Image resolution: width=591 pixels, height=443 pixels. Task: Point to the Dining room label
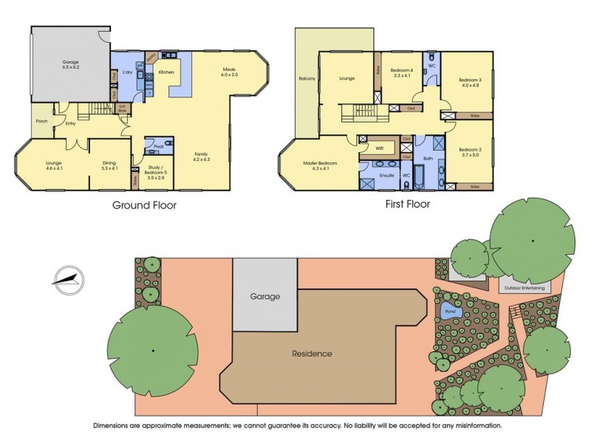coord(109,165)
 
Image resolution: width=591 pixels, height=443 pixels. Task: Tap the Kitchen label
coord(166,72)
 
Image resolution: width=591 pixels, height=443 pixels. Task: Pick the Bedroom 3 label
coord(470,82)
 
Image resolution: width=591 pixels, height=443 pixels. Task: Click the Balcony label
coord(307,78)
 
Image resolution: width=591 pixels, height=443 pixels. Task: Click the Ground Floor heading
coord(144,205)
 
